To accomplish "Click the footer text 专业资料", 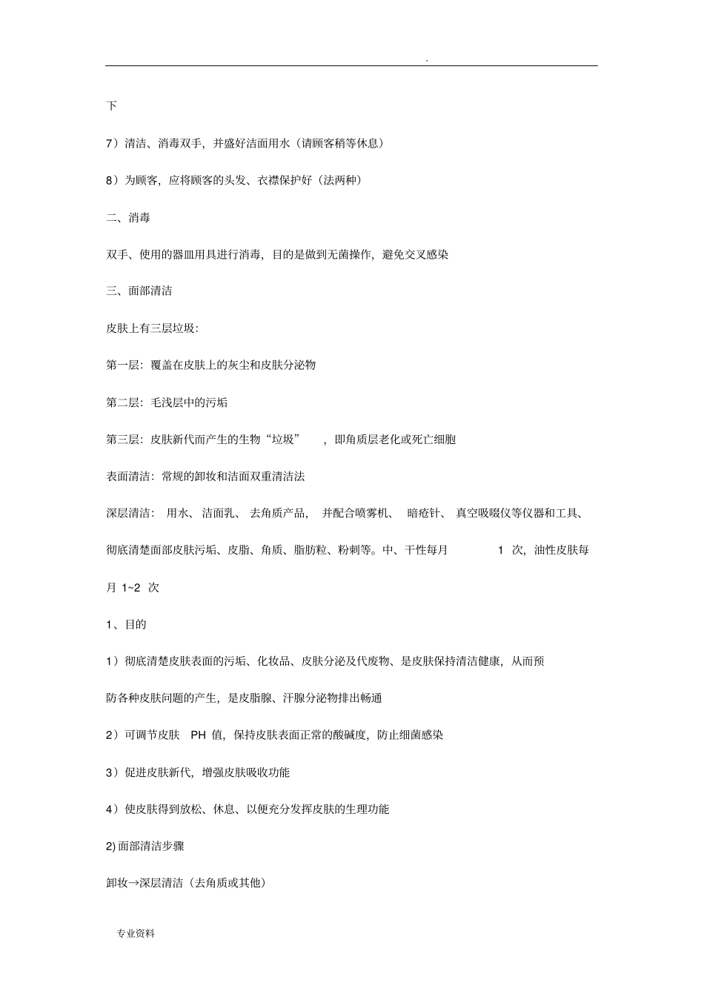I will (136, 934).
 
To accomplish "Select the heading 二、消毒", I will (128, 217).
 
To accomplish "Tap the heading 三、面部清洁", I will (139, 291).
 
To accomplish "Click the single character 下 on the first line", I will (111, 106).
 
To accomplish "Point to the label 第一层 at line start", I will (123, 365).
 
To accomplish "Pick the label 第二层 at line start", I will (123, 403).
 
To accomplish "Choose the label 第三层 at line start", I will (123, 440).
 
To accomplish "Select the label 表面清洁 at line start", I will (128, 477).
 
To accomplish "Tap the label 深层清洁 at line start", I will (128, 513).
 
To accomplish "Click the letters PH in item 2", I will (198, 735).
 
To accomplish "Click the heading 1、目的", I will (126, 624).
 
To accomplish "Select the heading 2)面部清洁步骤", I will (145, 846).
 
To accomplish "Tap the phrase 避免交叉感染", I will (416, 254).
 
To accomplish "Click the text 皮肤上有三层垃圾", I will (150, 328).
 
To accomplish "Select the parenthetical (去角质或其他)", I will (228, 883).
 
